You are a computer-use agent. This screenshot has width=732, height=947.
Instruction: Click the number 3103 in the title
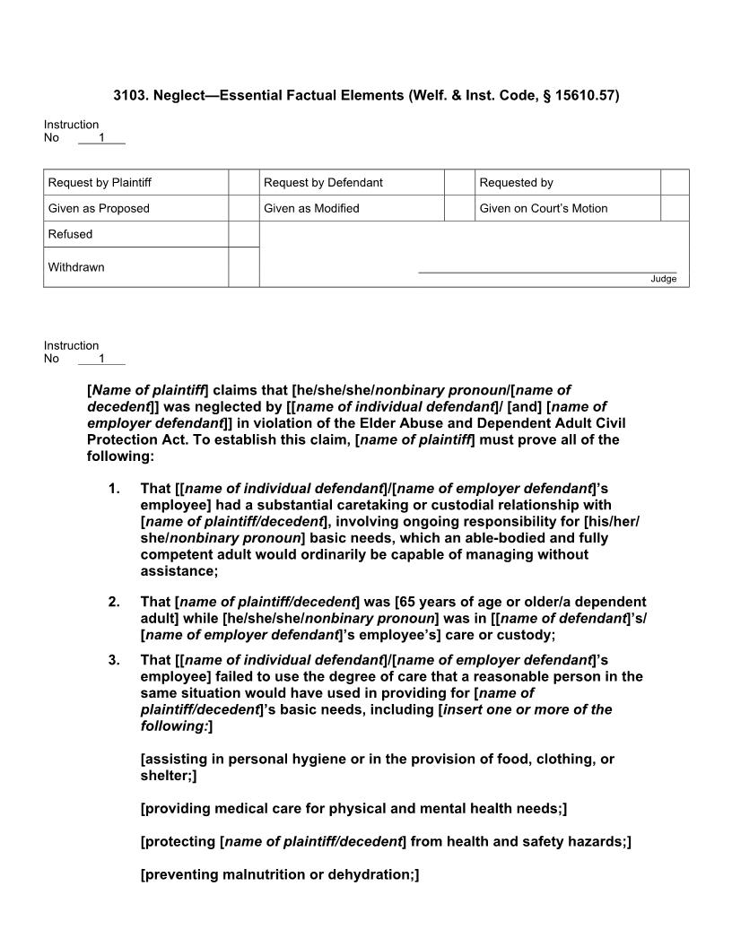coord(129,95)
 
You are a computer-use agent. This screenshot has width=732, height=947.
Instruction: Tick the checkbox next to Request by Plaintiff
coord(243,182)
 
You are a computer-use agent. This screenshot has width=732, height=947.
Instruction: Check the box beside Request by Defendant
coord(459,182)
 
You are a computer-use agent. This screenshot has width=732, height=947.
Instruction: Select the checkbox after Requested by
coord(675,182)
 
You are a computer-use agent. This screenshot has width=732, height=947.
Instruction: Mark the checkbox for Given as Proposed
coord(243,208)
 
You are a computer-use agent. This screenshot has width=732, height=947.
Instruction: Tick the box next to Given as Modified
coord(459,208)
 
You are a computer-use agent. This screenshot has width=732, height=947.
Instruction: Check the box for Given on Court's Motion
coord(675,208)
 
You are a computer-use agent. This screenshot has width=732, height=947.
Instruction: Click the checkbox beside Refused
coord(243,234)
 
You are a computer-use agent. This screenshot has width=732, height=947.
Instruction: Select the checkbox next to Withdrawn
coord(243,267)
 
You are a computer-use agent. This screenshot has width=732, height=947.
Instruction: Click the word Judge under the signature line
coord(664,279)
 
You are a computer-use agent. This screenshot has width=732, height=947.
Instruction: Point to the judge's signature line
coord(547,272)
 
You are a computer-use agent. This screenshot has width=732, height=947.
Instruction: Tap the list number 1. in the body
coord(113,489)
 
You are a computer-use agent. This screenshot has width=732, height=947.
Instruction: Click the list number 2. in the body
coord(113,602)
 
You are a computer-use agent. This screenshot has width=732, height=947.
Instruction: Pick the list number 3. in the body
coord(113,660)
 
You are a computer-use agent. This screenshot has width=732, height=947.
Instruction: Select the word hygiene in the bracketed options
coord(319,759)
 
